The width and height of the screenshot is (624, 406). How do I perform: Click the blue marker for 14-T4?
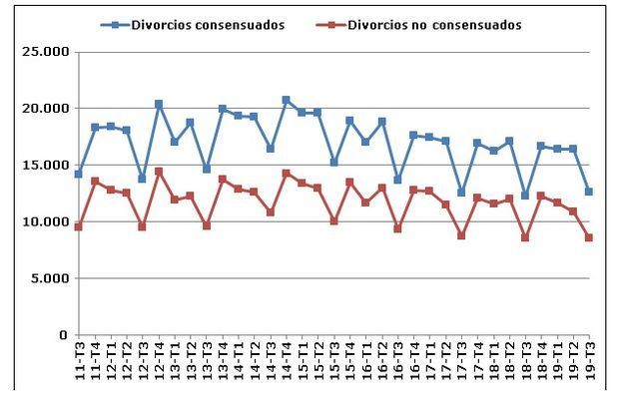click(x=287, y=100)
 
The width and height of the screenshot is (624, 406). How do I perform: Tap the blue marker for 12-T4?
click(x=159, y=104)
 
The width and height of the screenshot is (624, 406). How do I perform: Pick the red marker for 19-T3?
click(x=589, y=237)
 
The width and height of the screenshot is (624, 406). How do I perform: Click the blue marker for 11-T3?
click(x=79, y=174)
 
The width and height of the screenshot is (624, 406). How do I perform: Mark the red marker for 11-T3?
click(x=79, y=226)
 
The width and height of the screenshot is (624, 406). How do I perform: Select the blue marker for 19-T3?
click(x=589, y=192)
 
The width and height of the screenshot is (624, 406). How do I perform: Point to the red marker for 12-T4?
click(x=159, y=172)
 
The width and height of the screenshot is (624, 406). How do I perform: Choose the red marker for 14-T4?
click(x=287, y=174)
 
